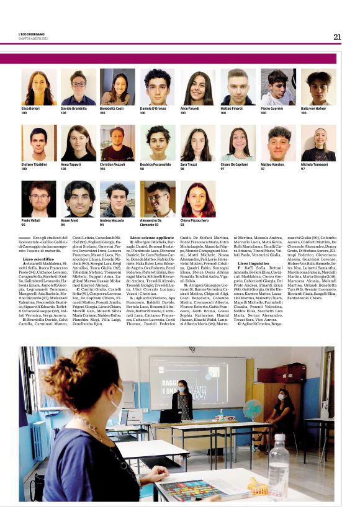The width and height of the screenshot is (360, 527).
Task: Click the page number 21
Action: click(337, 37)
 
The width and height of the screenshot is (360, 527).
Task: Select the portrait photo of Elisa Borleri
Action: click(39, 87)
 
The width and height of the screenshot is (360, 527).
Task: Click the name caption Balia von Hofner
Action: click(315, 109)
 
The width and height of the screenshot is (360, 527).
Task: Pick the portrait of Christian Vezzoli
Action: click(118, 143)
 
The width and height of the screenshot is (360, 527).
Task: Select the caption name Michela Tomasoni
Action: click(315, 165)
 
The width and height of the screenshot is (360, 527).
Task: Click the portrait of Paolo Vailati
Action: click(39, 199)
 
